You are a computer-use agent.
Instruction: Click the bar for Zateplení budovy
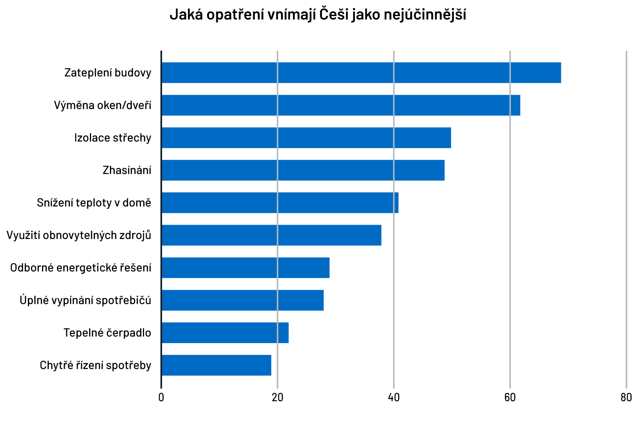tap(361, 73)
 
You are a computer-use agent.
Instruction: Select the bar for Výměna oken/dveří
tap(341, 105)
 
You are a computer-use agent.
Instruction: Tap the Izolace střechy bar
tap(306, 138)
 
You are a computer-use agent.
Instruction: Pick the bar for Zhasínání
tap(303, 170)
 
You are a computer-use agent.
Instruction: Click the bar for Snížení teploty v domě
tap(280, 203)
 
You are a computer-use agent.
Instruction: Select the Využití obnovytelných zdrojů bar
tap(271, 235)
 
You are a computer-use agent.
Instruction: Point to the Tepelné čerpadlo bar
tap(225, 333)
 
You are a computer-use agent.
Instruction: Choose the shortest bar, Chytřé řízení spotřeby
tap(216, 365)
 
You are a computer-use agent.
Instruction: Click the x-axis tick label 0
tap(161, 398)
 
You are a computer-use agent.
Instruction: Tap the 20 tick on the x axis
tap(278, 398)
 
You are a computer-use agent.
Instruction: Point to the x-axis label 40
tap(394, 398)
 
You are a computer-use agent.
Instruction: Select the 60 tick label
tap(510, 398)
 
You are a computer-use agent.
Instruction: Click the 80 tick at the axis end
tap(626, 398)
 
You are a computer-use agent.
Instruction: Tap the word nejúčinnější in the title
tap(425, 15)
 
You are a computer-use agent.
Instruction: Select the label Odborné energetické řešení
tap(81, 268)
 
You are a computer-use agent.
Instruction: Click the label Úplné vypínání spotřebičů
tap(86, 300)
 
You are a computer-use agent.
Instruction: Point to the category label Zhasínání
tap(127, 170)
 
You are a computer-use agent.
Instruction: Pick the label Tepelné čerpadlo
tap(107, 333)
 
